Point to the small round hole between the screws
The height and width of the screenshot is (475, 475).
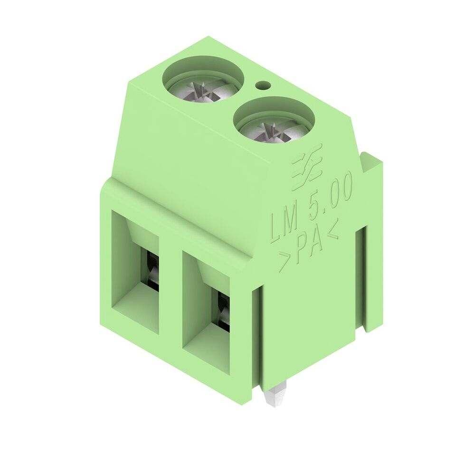262,85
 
